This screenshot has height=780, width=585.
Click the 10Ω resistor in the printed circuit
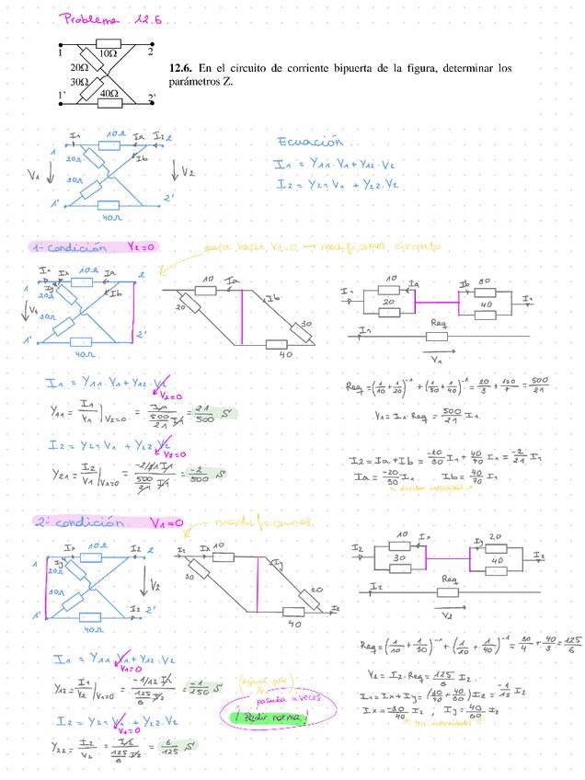point(108,43)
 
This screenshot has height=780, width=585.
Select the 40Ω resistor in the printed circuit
point(108,95)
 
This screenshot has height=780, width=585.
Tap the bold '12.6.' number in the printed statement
point(183,69)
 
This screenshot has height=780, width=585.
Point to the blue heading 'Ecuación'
point(311,143)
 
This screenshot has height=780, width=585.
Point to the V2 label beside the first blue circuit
point(187,171)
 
